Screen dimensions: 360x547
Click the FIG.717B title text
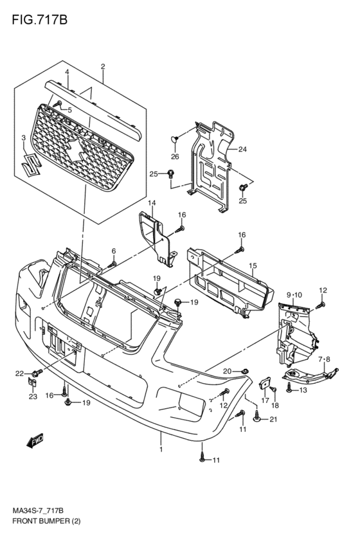pos(39,20)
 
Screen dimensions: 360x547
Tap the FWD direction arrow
pos(35,440)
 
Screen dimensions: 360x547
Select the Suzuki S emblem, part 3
pos(31,164)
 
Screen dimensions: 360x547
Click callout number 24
pos(242,149)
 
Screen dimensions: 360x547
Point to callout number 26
pos(175,157)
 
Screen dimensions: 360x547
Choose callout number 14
pos(152,203)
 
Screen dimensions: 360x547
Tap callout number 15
pos(253,266)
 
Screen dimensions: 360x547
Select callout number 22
pos(19,373)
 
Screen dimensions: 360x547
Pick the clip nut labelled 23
pos(32,383)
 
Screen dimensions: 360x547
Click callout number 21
pos(273,419)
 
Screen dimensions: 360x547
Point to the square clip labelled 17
pos(264,384)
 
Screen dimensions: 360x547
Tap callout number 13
pos(303,390)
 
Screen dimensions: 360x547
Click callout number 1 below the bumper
pos(161,450)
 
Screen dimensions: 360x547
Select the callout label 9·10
pos(294,295)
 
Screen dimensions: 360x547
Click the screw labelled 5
pos(58,104)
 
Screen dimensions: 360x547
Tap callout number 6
pos(114,251)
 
